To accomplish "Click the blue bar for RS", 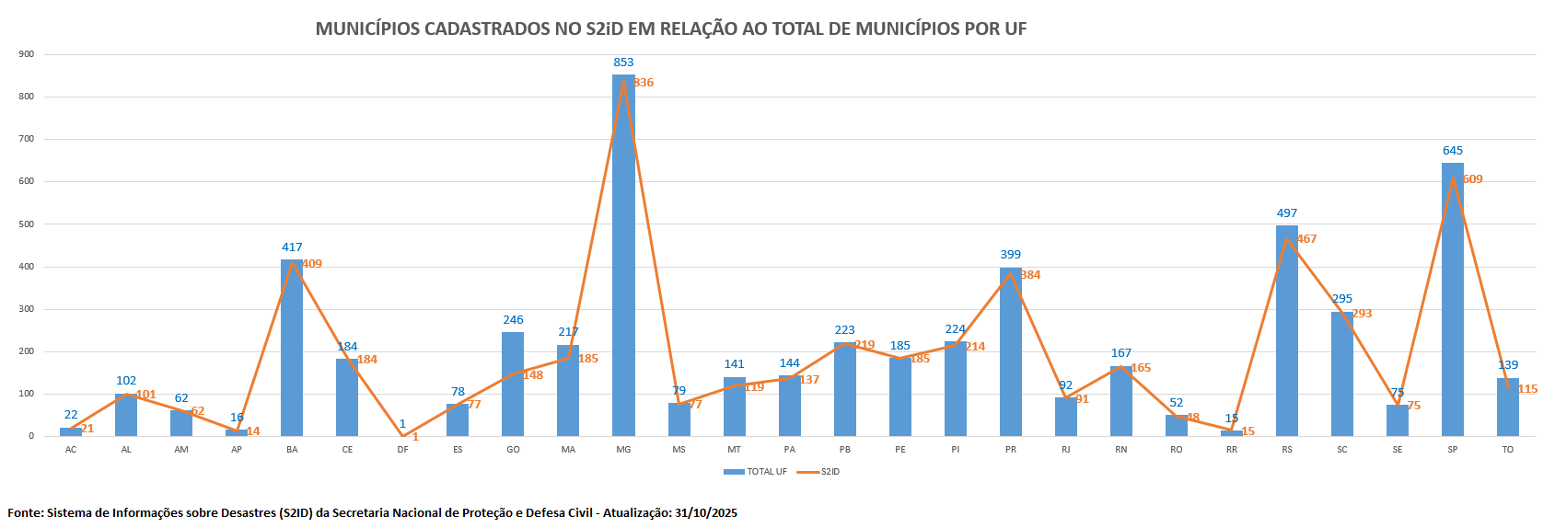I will click(1286, 331).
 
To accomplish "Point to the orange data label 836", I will click(644, 83).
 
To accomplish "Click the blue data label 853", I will click(623, 63).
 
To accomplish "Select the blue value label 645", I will click(1452, 151).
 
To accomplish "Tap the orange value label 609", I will click(1472, 179).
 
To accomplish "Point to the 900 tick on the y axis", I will click(26, 54).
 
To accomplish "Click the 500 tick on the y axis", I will click(26, 224).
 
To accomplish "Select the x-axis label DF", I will click(402, 450).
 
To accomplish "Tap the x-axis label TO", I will click(1507, 450).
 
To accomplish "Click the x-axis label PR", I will click(1010, 450).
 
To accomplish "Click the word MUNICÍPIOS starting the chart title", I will click(366, 29).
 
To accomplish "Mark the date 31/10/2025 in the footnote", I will click(705, 513).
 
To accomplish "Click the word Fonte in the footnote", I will click(24, 513).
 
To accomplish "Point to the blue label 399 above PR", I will click(1010, 255).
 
